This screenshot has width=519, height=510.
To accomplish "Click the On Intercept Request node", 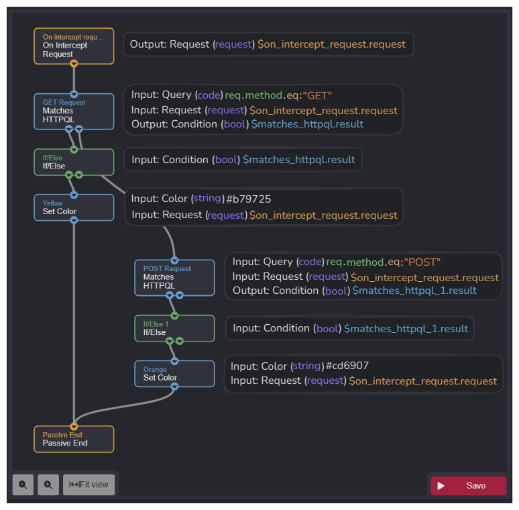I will [x=74, y=46].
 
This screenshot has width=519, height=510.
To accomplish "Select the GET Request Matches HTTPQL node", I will [x=74, y=111].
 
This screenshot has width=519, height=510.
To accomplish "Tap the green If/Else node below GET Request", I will [x=74, y=162].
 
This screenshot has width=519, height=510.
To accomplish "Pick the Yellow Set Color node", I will [x=74, y=207].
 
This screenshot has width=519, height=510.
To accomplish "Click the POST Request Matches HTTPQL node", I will [x=174, y=277].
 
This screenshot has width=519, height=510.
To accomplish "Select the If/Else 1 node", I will [x=174, y=328].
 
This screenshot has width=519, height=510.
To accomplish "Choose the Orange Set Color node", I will [x=174, y=374].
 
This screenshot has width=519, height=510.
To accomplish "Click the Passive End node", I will [x=74, y=439].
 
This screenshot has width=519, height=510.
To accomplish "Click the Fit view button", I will [x=89, y=484].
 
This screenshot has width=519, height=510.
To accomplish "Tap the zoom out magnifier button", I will [x=23, y=484].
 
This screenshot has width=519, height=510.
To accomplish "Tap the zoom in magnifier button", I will [x=48, y=484].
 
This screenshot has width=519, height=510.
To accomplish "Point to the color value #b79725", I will [x=249, y=199].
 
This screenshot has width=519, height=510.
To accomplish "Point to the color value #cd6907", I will [x=347, y=366].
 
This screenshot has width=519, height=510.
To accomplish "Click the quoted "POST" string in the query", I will [x=422, y=262].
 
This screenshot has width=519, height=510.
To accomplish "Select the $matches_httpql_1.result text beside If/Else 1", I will [x=406, y=328].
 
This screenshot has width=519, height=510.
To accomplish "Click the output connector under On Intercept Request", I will [x=74, y=64].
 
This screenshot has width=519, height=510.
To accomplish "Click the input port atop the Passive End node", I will [x=74, y=426].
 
